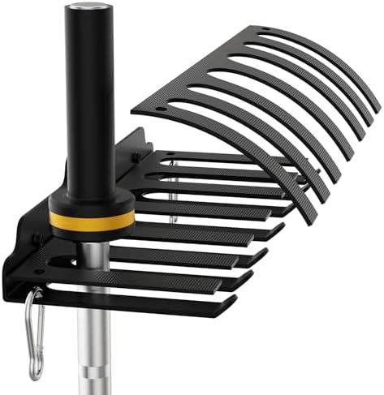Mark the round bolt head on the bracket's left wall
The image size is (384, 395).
[37, 240]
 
